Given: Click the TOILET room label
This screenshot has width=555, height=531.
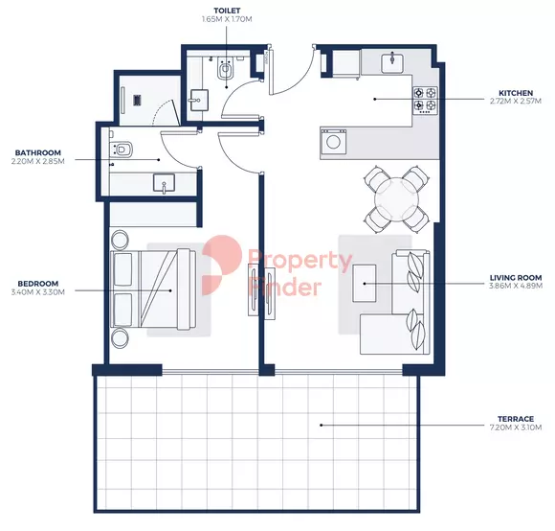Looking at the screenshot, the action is (x=227, y=11).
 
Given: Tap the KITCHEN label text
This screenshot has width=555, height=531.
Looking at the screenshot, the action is (x=516, y=93).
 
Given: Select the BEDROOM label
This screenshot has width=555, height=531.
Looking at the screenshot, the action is (x=38, y=284).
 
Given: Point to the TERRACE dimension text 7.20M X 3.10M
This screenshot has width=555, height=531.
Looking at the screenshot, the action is (x=516, y=427).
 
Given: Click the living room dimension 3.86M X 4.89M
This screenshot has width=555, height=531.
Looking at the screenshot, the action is (x=516, y=286).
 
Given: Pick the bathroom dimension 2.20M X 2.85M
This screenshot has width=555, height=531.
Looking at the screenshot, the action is (x=38, y=162).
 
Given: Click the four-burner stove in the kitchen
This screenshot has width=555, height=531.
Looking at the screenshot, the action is (x=425, y=101).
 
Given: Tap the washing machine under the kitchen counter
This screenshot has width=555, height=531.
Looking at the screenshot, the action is (x=333, y=142).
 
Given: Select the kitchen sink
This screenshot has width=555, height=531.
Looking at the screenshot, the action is (x=393, y=63).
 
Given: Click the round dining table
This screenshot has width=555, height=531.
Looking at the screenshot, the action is (x=397, y=199).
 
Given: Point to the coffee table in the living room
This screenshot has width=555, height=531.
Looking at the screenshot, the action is (x=365, y=283).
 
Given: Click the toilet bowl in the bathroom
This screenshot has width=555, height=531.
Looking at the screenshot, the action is (x=122, y=149).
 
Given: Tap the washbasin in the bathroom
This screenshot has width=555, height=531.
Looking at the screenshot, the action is (x=164, y=183).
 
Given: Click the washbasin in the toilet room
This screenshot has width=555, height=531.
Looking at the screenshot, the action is (x=199, y=101).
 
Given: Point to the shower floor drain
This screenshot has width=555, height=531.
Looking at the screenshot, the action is (x=138, y=100).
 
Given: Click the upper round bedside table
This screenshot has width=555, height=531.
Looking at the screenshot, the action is (x=120, y=240).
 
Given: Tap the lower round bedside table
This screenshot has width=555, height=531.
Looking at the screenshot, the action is (x=120, y=337).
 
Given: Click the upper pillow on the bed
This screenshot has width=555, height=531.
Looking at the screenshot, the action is (x=123, y=269).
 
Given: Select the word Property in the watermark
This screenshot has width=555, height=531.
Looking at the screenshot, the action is (x=300, y=261).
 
